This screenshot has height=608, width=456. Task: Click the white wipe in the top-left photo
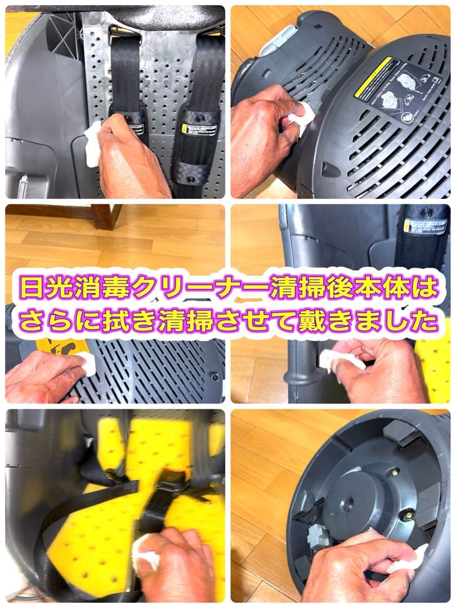tap(92, 145)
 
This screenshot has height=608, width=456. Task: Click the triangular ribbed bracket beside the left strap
tap(64, 33)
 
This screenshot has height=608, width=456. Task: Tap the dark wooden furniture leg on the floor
tap(106, 216)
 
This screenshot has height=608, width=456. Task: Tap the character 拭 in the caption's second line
tap(117, 322)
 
